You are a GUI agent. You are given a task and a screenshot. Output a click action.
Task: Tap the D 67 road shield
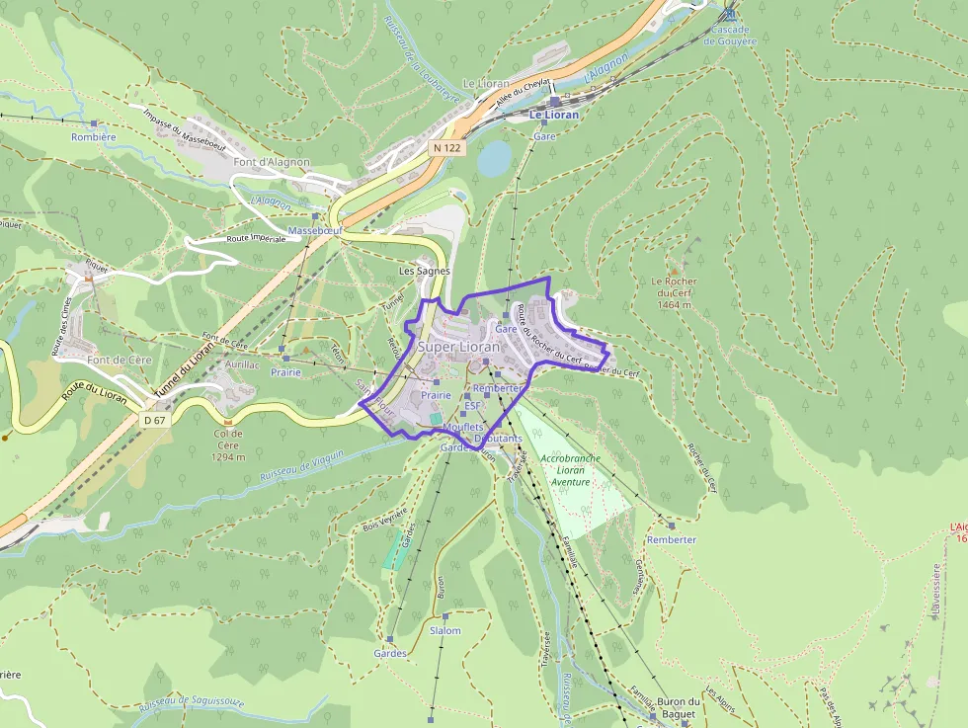pos(153,420)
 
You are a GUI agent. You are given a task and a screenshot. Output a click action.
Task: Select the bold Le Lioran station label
pos(554,115)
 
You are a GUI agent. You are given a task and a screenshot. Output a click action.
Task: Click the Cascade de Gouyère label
pos(730,36)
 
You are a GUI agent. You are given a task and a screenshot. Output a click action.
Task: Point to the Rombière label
pos(94,137)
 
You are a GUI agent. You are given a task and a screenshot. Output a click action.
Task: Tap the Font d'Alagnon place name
pos(272,162)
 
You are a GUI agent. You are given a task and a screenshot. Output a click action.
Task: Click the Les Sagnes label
pos(424,271)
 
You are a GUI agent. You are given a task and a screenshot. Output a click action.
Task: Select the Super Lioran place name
pos(459,347)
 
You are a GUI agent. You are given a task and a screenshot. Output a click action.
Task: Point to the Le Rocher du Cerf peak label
pos(674,292)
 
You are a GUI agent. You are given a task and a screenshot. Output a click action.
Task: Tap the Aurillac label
pos(242,365)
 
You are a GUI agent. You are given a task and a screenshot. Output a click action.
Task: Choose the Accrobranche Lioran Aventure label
pos(570,470)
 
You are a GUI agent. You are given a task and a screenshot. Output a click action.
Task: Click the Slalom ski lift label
pos(445,630)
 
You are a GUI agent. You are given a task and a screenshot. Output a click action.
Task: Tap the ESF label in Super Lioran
pos(472,405)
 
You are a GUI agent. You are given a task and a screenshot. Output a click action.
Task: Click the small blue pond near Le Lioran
pos(494,158)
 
